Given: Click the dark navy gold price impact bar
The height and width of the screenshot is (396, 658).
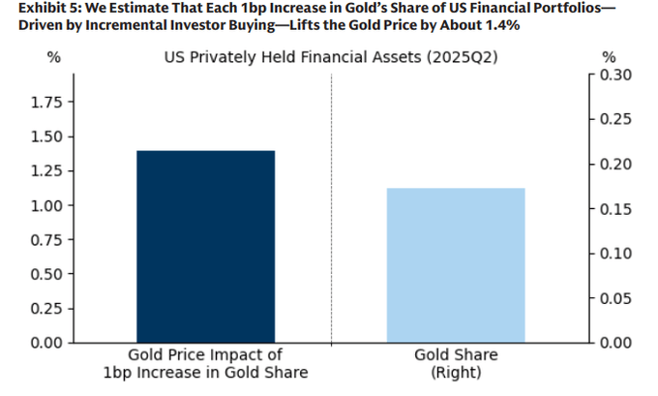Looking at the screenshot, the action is coord(205,247).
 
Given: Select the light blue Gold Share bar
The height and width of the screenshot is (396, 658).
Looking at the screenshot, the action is coord(456,265).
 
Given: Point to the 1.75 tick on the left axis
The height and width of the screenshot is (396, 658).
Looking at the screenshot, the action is coord(46,103).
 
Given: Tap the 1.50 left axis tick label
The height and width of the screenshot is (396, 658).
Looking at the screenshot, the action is coord(46,137).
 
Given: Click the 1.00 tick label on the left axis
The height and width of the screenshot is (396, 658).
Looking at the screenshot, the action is coord(46,206).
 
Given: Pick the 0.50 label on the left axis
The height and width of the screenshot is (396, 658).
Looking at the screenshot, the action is coord(46,274).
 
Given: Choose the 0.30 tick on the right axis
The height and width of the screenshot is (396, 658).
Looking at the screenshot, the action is coord(615,75).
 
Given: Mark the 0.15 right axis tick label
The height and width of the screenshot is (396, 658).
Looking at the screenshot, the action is coord(615,209).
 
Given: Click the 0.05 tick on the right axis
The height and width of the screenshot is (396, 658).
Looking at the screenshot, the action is coord(615,298).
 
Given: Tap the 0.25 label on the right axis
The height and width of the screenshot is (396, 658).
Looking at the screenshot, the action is coord(615,119).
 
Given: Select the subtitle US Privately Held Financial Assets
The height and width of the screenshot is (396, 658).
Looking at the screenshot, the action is coord(292,57).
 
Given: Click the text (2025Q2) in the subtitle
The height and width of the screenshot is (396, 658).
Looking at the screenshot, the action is coord(462,57).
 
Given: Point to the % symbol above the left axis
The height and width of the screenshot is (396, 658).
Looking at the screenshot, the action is coord(54,57).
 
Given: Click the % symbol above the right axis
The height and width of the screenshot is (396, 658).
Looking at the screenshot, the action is coord(609,57).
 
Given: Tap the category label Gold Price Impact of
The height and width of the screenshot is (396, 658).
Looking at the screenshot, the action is coord(205,354).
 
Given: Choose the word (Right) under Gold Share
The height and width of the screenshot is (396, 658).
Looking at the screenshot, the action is coord(456,373).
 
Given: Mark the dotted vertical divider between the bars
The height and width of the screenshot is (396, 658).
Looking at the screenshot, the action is coord(331,209).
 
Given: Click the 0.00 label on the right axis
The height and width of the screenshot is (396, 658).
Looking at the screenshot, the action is coord(615,343).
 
